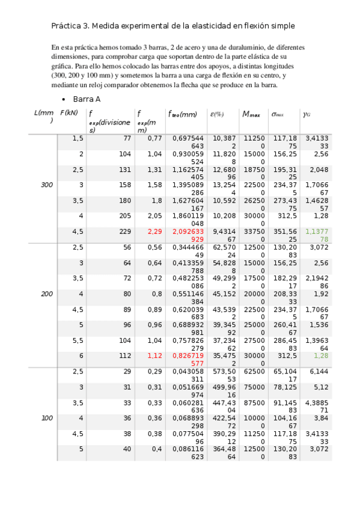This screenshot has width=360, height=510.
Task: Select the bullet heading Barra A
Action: (87, 99)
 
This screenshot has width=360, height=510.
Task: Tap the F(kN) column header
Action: (69, 112)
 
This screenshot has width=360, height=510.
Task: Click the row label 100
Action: (47, 417)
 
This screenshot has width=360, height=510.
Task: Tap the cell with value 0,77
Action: (154, 138)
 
